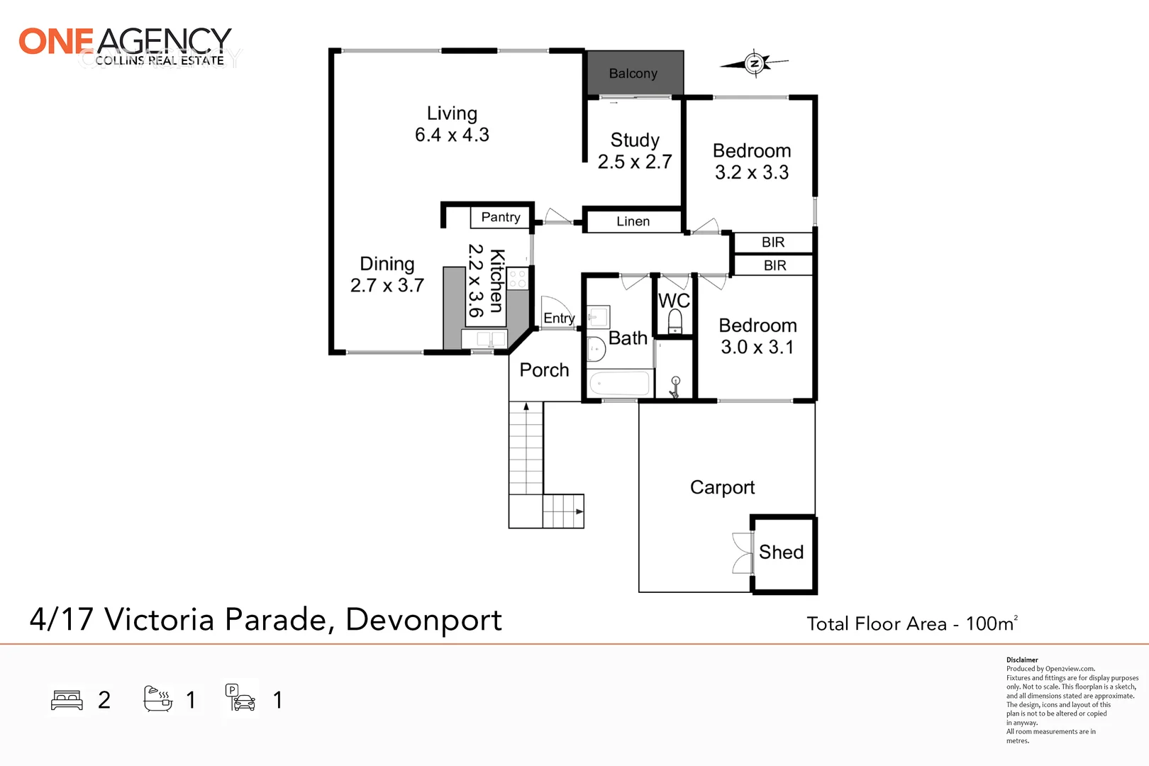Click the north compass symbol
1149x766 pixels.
click(x=754, y=64)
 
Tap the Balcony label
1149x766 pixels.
click(x=633, y=73)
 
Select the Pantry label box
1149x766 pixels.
click(x=500, y=217)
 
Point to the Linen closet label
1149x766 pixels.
click(x=633, y=221)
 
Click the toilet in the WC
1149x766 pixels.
click(x=675, y=321)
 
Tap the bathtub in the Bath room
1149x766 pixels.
click(x=620, y=383)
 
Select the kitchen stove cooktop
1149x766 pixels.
click(x=518, y=278)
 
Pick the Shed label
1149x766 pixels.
click(x=781, y=552)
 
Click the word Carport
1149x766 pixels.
click(x=722, y=487)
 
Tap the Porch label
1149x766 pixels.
click(x=544, y=370)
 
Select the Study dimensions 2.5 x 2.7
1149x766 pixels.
click(x=635, y=162)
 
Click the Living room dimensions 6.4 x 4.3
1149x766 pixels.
click(x=452, y=135)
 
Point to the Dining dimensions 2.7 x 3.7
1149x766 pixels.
click(x=387, y=285)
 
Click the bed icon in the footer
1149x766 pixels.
click(x=67, y=700)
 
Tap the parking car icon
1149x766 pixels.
click(x=240, y=698)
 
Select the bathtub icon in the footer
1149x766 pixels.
click(x=158, y=699)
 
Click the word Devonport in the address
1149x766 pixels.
click(x=423, y=621)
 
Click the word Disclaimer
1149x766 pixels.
click(x=1022, y=660)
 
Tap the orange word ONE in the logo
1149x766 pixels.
click(x=57, y=41)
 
